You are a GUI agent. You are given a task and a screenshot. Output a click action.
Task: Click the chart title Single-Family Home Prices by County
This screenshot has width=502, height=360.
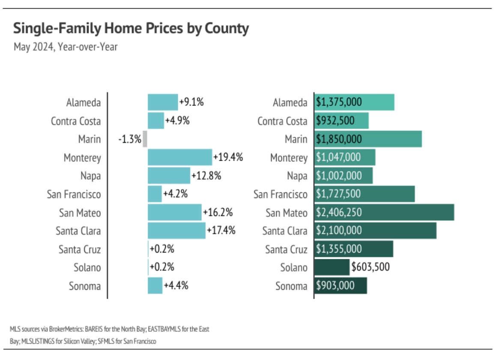click(131, 29)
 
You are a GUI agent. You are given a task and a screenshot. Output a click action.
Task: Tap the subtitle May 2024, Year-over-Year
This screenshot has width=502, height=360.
click(66, 46)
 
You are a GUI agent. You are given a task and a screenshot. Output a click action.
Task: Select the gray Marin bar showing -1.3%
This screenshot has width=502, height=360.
click(145, 139)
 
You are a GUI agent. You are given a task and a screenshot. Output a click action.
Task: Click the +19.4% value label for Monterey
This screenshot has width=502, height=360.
click(228, 157)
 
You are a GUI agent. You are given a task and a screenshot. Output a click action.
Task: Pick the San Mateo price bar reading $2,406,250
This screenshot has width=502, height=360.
click(384, 213)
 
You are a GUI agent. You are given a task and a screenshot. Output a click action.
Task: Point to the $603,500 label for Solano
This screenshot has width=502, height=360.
click(371, 267)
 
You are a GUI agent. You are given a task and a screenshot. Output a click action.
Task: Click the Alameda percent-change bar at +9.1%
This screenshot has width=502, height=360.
click(163, 102)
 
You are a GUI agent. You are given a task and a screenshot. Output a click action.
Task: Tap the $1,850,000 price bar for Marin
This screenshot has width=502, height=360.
click(368, 139)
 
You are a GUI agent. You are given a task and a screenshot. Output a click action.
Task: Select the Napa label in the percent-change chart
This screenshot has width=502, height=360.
click(90, 176)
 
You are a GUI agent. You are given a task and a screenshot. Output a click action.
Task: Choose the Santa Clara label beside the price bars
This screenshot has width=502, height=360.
click(285, 231)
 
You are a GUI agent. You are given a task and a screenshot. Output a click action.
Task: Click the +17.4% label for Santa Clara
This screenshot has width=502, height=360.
click(221, 231)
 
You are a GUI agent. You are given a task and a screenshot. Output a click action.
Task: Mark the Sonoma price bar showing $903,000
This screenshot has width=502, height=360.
click(341, 286)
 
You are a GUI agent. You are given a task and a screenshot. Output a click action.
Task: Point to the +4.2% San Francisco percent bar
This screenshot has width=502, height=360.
click(155, 194)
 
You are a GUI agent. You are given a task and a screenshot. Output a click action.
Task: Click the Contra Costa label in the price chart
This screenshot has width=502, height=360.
click(282, 121)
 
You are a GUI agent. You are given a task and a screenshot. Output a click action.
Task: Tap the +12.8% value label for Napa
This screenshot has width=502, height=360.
click(206, 176)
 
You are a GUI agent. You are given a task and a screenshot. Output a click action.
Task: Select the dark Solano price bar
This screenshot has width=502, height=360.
click(332, 267)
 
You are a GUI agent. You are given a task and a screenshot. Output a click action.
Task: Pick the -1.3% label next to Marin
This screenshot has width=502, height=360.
click(130, 139)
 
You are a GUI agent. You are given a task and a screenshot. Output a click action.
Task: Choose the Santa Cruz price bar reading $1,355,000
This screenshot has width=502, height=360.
click(353, 249)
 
